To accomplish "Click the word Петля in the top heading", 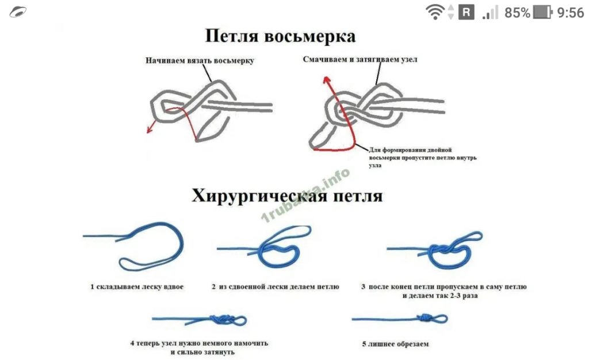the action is tap(231, 36).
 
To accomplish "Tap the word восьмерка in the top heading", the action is tap(309, 36).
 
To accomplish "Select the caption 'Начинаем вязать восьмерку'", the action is tap(200, 60).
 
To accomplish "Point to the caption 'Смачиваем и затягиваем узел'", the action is tap(360, 59).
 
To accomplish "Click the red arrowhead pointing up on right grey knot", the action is tap(327, 79).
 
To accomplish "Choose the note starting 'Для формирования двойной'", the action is tap(423, 158).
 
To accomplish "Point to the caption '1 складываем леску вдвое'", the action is tap(137, 287).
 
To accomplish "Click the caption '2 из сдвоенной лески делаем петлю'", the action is tap(276, 287).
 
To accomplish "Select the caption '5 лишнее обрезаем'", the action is tap(395, 344).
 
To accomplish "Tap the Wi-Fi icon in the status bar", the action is tap(435, 13).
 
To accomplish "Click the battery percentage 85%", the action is tap(517, 13).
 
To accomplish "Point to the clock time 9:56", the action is tap(571, 13).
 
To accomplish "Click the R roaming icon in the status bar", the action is tap(466, 13).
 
